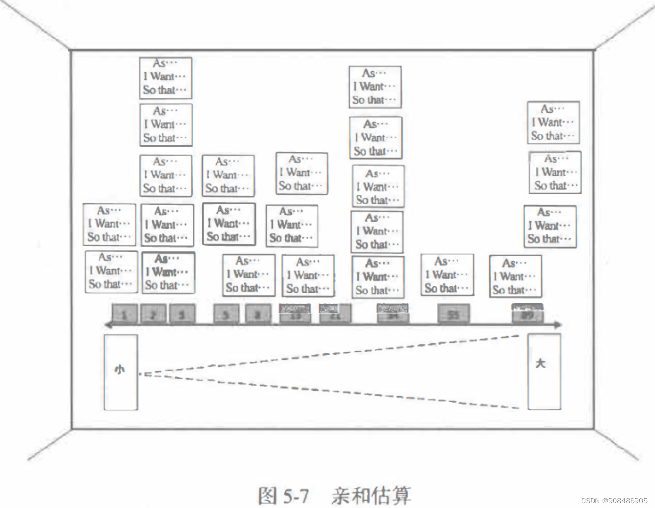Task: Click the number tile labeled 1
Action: click(x=124, y=314)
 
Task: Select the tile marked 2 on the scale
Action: click(x=153, y=314)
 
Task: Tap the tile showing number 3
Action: click(x=182, y=314)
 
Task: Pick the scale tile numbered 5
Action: click(x=226, y=314)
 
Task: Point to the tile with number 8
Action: click(x=258, y=314)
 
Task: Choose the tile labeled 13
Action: click(x=295, y=314)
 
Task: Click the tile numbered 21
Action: click(x=336, y=314)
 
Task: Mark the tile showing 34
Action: click(x=393, y=314)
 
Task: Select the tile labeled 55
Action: click(x=454, y=314)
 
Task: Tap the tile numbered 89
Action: click(x=527, y=314)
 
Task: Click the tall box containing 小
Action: click(x=120, y=372)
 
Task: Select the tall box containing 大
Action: click(x=544, y=372)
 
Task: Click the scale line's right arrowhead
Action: click(x=558, y=325)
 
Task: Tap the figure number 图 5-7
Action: click(x=283, y=496)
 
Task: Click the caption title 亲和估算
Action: click(x=371, y=495)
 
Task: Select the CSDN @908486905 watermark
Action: click(x=615, y=501)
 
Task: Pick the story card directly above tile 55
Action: click(x=447, y=275)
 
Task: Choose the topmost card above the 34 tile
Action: click(x=375, y=87)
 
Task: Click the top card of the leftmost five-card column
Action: click(x=165, y=78)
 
